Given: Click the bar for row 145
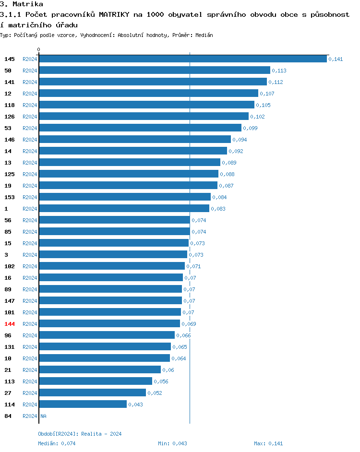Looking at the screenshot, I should [x=182, y=59].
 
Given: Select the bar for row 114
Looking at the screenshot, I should [x=83, y=404].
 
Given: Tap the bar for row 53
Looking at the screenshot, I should [x=140, y=128].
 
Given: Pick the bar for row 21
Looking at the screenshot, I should [x=99, y=370].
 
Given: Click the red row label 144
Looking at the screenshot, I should [x=10, y=324].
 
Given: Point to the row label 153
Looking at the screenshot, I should [x=10, y=197].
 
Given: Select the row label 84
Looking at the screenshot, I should [x=8, y=416].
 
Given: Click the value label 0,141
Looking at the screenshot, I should [x=336, y=59].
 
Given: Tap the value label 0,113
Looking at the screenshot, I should [x=279, y=71].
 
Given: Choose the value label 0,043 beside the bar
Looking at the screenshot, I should [x=135, y=404].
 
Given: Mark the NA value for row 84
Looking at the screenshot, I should [x=43, y=416].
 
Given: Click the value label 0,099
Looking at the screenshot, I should [x=250, y=128].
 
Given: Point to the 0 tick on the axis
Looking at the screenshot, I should [x=39, y=49].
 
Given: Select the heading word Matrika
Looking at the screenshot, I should [x=29, y=4].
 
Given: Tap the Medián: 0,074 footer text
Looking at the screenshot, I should [x=57, y=443].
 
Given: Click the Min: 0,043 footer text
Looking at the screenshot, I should [x=172, y=443].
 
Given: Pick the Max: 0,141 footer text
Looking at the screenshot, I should [x=269, y=443].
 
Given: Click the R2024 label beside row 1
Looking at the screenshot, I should [x=30, y=209].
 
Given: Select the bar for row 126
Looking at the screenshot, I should [x=144, y=117].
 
